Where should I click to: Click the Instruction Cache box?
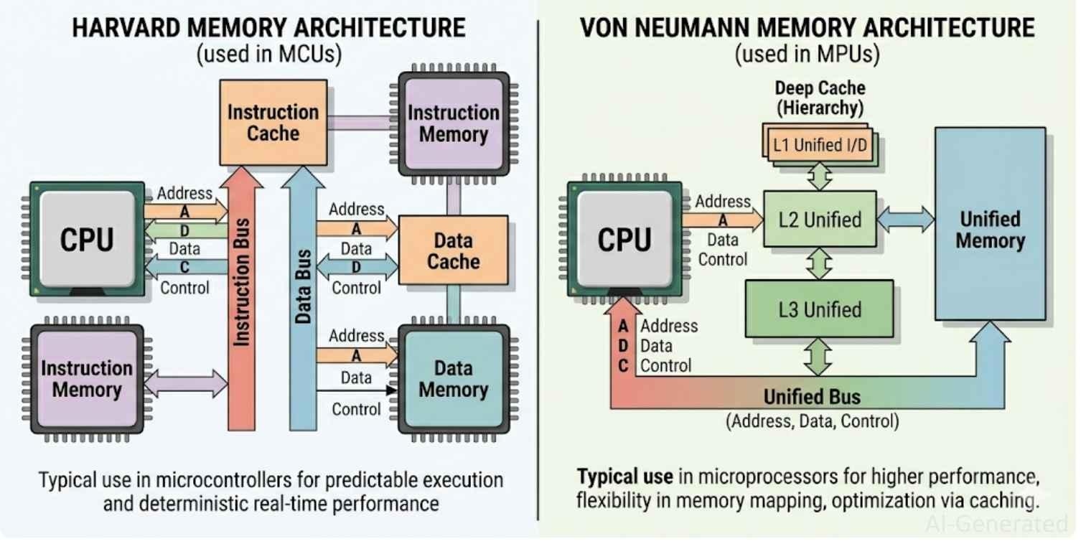click(272, 123)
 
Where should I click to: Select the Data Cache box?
click(453, 250)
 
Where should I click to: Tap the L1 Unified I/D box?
click(819, 146)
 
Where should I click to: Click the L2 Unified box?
click(820, 220)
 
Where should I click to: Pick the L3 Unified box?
click(820, 309)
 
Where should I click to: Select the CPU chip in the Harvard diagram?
click(87, 239)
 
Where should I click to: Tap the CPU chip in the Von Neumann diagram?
click(624, 239)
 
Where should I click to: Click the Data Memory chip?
click(453, 379)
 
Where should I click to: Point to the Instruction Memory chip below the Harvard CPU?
click(87, 379)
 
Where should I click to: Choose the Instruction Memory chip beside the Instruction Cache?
click(453, 123)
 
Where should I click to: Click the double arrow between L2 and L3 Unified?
click(819, 263)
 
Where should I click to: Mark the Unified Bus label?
click(811, 397)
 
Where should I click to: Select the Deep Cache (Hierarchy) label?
click(820, 98)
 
